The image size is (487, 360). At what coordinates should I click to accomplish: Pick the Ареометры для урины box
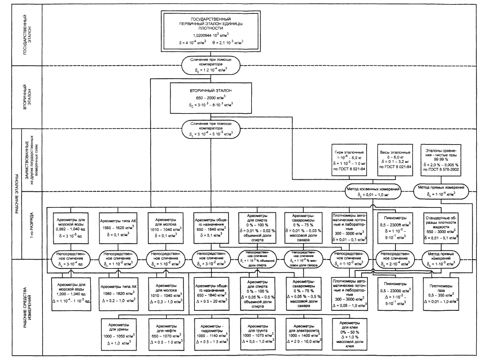[x=147, y=331]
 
